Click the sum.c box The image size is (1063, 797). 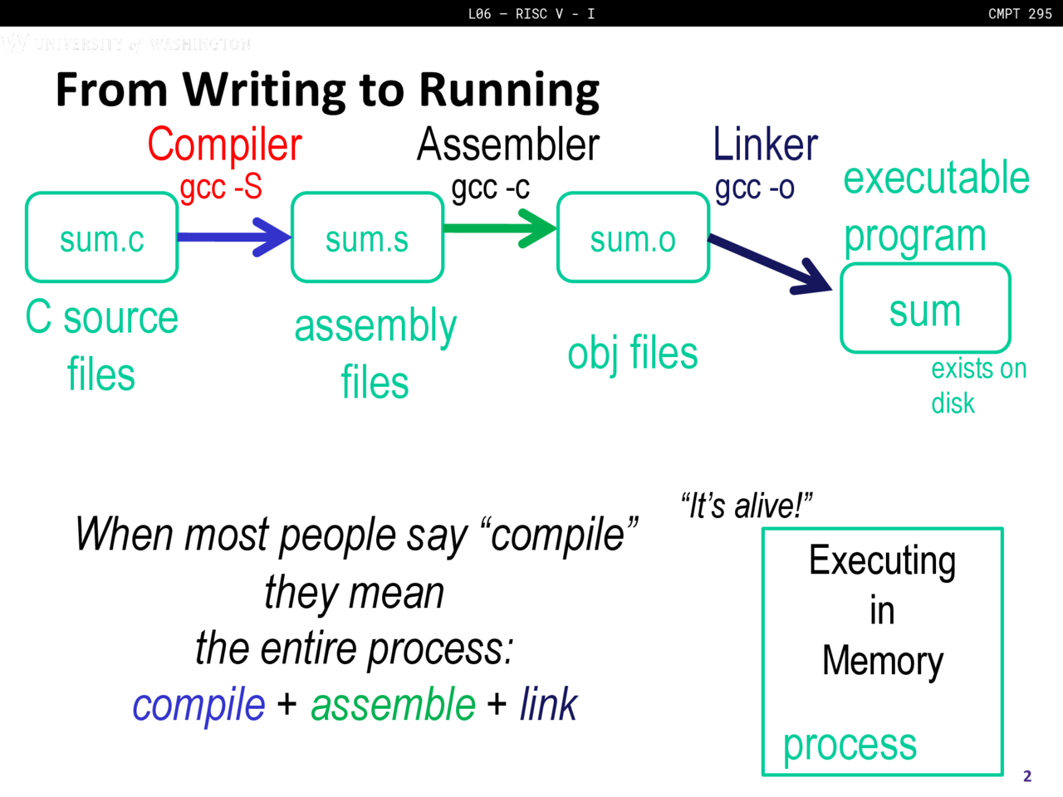click(101, 238)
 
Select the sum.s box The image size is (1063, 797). click(367, 238)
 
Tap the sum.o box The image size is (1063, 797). click(633, 238)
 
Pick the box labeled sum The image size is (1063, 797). click(925, 309)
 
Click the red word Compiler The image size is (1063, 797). click(224, 144)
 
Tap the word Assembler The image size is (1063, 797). click(507, 144)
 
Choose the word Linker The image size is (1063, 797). click(765, 144)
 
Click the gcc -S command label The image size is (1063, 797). click(221, 188)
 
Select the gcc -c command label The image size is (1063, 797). click(490, 188)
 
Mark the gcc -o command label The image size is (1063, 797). click(754, 188)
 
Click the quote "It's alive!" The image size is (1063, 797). click(746, 506)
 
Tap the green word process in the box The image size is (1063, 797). click(850, 744)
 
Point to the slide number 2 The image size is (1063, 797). click(1027, 776)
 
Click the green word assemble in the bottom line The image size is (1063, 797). click(393, 705)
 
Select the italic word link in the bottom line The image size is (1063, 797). click(548, 705)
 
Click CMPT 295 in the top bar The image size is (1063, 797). click(1020, 13)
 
